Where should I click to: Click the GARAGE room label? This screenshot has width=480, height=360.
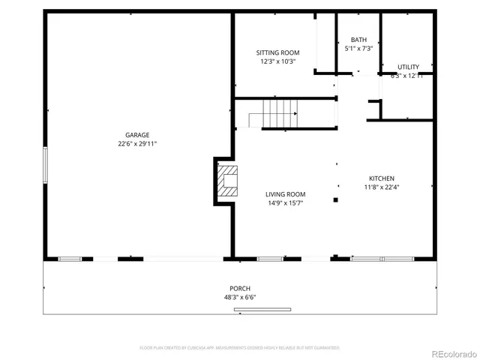(x=137, y=135)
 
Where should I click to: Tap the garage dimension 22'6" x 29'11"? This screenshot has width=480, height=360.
(x=137, y=144)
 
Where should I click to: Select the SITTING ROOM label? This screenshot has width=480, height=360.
(x=277, y=52)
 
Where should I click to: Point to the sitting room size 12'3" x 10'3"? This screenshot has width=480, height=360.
(x=277, y=61)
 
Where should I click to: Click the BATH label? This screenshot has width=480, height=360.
(x=358, y=40)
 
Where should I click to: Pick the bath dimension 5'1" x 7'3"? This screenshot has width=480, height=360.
(x=358, y=49)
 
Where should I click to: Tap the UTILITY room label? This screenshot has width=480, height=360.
(x=408, y=67)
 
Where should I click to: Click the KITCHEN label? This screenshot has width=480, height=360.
(x=381, y=178)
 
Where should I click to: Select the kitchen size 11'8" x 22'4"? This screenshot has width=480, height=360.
(x=381, y=187)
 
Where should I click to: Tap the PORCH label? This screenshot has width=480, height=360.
(x=240, y=289)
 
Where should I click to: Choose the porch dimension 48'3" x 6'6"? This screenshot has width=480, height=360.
(x=240, y=298)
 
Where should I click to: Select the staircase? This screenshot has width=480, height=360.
(x=273, y=115)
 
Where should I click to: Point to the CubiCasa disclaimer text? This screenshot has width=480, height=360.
(x=240, y=348)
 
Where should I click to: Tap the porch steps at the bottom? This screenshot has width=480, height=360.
(x=262, y=309)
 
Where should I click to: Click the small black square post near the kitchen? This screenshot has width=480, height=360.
(x=335, y=199)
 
